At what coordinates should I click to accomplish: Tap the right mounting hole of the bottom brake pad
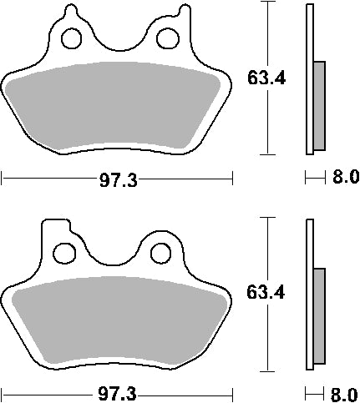coord(161,250)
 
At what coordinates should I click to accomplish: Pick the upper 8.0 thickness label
coord(344,177)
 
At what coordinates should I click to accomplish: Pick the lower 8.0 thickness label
coord(344,391)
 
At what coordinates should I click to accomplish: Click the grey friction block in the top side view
coord(319,103)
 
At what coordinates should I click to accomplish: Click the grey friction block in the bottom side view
coord(319,317)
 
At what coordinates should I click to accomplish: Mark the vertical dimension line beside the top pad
coord(266,33)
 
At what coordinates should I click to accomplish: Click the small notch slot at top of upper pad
coord(70,12)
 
